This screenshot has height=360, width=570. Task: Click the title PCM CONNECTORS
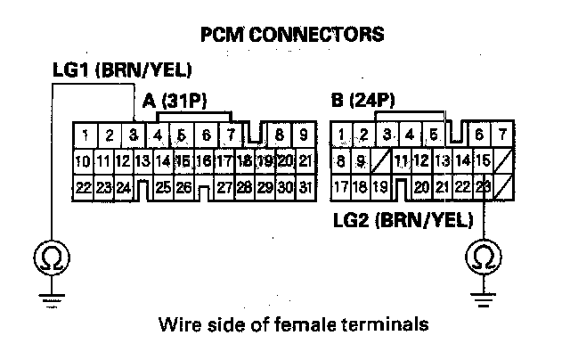coord(294,35)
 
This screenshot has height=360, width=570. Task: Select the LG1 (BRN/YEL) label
coord(121,70)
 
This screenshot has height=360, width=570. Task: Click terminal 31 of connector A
coord(304,188)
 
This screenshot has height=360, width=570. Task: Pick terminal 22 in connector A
coord(82,188)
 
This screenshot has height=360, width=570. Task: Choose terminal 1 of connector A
coord(82,136)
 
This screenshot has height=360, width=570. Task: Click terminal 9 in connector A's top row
coord(304,136)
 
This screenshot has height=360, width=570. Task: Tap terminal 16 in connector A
coord(203,162)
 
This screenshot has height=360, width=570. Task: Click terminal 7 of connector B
coord(503,135)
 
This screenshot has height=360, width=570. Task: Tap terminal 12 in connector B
coord(420,161)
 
